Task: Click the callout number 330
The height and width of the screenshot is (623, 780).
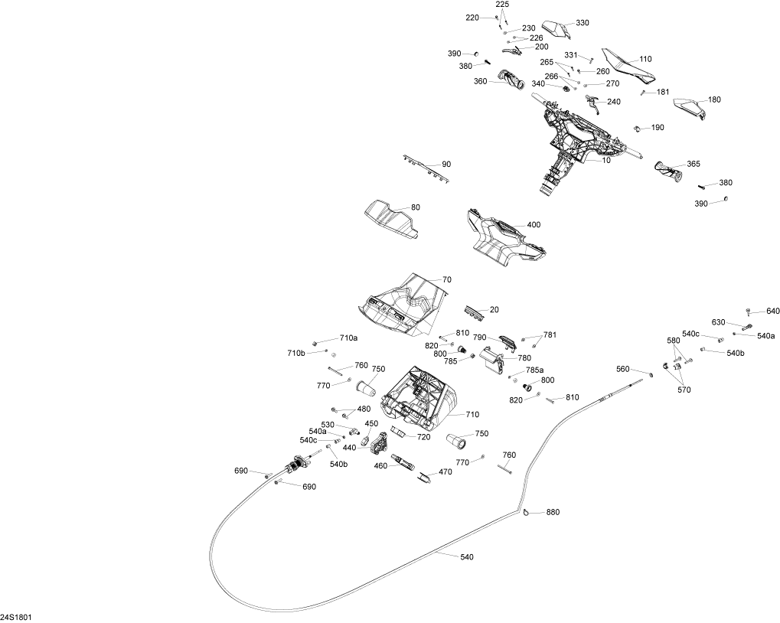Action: coord(583,23)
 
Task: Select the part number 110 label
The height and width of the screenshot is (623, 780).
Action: coord(645,59)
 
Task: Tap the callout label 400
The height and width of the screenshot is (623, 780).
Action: coord(534,225)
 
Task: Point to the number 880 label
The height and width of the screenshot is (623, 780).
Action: coord(553,513)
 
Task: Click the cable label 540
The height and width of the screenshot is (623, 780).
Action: coord(467,556)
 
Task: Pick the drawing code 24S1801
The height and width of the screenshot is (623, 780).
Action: coord(16,617)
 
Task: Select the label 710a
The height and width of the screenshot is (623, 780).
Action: coord(348,338)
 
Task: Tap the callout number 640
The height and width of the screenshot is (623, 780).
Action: coord(772,311)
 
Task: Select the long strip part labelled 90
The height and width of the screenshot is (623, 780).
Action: coord(425,168)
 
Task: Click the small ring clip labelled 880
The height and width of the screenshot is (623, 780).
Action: coord(528,513)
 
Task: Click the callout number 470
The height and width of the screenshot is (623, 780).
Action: coord(445,472)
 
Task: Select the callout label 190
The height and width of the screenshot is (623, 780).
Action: coord(658,127)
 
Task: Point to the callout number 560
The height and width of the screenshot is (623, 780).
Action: coord(622,369)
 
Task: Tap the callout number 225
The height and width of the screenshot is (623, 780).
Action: coord(502,5)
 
